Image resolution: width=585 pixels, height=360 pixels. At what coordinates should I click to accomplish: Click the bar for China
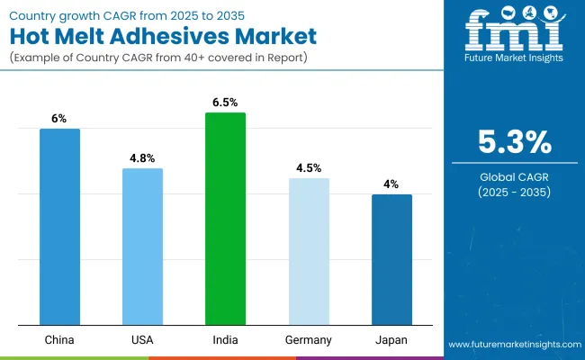tap(59, 226)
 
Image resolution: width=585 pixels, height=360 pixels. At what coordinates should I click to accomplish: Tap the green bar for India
tap(225, 218)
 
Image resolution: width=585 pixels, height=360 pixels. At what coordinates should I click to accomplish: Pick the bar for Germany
tap(309, 251)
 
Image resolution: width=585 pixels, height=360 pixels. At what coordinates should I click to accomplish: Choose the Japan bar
tap(391, 259)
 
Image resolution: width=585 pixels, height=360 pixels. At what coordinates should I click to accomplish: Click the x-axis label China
tap(59, 340)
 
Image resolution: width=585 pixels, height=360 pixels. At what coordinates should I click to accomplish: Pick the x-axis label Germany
tap(309, 340)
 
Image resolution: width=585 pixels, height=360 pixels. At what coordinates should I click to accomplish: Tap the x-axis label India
tap(225, 340)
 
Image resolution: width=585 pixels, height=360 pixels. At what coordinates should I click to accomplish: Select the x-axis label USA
tap(142, 340)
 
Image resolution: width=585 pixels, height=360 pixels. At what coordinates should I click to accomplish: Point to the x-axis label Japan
tap(391, 340)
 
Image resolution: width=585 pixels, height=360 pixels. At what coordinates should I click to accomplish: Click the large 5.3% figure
tap(514, 142)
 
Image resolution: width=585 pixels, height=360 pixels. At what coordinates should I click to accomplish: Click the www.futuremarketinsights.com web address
tap(513, 345)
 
